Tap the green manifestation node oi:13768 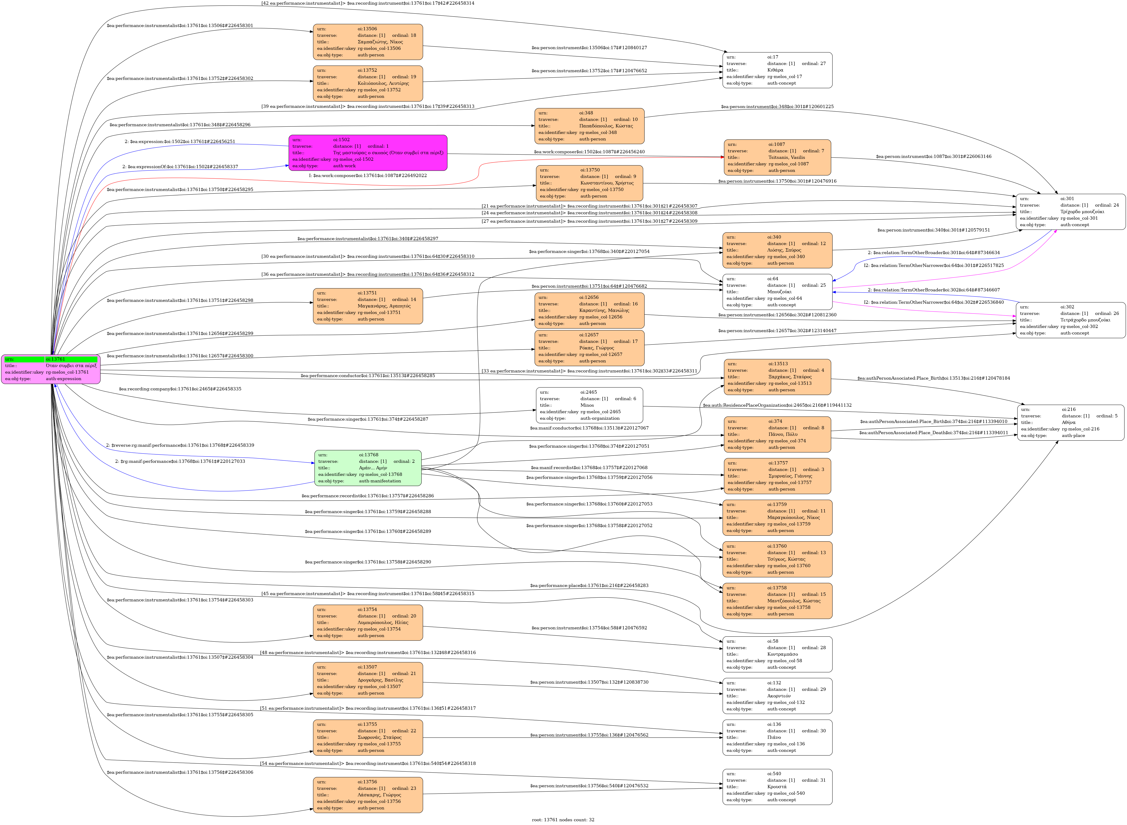pyautogui.click(x=368, y=468)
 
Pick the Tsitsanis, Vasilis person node pyautogui.click(x=777, y=157)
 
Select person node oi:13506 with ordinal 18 pyautogui.click(x=368, y=42)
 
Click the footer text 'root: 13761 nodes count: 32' pyautogui.click(x=563, y=819)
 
